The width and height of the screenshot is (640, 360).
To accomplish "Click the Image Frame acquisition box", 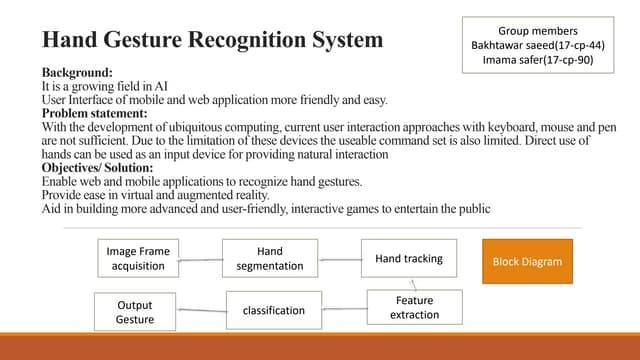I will click(139, 259).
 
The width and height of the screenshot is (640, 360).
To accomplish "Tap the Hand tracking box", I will click(408, 259).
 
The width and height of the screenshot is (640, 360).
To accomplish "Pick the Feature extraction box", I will click(414, 307).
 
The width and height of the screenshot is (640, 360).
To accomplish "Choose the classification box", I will click(273, 310).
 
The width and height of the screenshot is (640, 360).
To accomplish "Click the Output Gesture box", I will click(135, 311).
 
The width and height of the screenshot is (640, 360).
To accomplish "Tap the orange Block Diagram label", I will click(527, 261).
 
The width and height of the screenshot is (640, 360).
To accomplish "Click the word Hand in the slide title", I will click(68, 41).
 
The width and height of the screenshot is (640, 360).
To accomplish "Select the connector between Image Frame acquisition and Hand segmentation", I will click(201, 260).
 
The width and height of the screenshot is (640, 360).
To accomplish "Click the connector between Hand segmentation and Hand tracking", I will click(339, 259).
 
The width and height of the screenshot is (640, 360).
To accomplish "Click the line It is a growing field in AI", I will click(104, 87).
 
